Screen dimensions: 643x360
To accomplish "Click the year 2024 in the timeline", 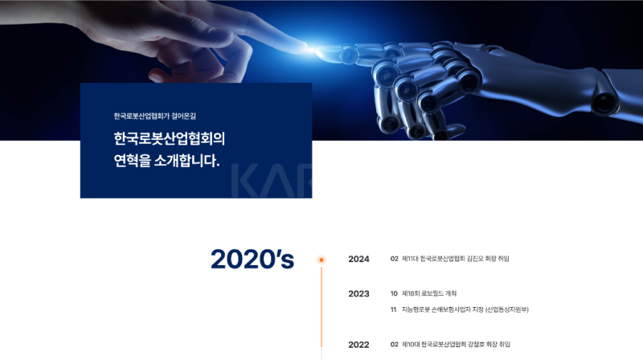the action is [358, 259].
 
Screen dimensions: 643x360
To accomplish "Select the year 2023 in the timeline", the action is [358, 294].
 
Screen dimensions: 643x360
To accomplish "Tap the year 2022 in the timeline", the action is [358, 345].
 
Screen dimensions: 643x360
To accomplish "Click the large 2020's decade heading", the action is [252, 259].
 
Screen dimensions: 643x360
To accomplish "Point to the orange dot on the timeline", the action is [321, 260].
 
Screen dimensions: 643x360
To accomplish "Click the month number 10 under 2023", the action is [394, 293].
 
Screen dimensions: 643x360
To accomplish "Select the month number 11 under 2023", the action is [394, 309].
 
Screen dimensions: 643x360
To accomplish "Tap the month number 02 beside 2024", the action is [394, 259].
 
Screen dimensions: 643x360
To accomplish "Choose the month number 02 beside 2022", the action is [394, 345].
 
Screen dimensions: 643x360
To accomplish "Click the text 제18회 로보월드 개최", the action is [429, 293].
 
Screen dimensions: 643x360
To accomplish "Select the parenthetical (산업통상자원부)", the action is [507, 309].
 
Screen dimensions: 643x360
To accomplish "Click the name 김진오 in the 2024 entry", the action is [475, 259].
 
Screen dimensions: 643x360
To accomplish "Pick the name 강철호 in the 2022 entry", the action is [476, 345].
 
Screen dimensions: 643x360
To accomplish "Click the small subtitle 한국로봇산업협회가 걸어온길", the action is [155, 116].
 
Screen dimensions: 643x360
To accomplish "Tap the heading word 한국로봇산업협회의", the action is [170, 138].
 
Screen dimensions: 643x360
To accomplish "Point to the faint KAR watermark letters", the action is [272, 181].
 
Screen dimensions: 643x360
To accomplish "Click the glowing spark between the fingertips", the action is [312, 50].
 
